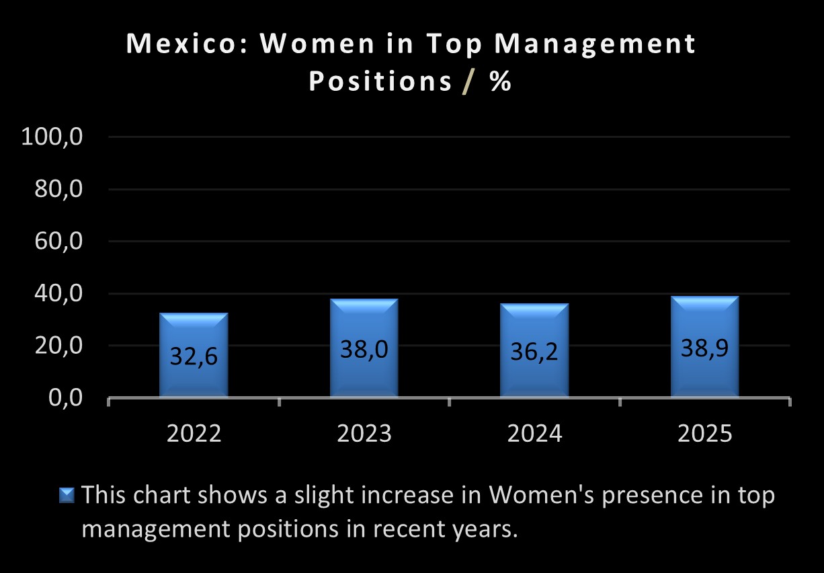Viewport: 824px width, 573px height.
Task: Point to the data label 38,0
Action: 364,350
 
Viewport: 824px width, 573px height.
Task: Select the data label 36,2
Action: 534,352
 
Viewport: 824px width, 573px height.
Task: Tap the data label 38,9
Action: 704,348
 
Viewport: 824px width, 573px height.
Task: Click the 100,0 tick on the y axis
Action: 52,137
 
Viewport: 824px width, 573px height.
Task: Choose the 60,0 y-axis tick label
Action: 58,241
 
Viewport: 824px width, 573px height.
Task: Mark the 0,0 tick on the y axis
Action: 65,398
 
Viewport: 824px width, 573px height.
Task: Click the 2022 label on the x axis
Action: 194,434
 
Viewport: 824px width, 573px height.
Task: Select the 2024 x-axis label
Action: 534,434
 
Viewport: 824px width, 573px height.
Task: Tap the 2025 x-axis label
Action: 704,434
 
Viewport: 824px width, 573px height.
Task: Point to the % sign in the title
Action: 501,82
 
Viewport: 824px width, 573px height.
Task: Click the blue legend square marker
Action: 67,495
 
